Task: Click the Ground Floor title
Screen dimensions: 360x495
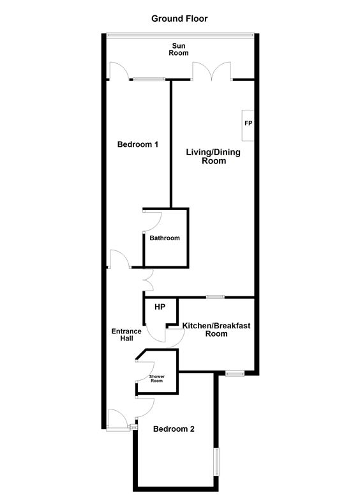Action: click(x=179, y=19)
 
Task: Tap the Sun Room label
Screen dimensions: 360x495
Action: click(x=179, y=50)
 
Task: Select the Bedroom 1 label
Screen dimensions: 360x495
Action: click(x=138, y=144)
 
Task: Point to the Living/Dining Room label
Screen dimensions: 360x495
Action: click(x=213, y=156)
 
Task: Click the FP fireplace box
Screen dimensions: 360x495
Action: click(x=248, y=125)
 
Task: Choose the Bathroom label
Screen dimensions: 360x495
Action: click(x=165, y=238)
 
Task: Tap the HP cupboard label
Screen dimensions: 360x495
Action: click(x=160, y=307)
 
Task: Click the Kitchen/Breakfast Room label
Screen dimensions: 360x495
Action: click(x=216, y=330)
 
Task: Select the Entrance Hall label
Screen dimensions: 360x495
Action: click(x=126, y=335)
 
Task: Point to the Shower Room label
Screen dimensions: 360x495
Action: click(x=157, y=379)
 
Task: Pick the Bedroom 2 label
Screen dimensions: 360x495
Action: click(x=174, y=429)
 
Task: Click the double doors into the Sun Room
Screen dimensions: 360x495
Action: click(x=212, y=71)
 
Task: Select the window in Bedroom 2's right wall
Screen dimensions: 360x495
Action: click(x=216, y=461)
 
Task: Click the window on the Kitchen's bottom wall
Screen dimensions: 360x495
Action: click(x=235, y=374)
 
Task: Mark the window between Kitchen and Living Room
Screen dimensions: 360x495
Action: click(x=216, y=297)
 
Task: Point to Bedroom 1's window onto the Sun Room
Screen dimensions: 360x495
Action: click(x=149, y=79)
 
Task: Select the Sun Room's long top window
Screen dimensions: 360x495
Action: click(x=180, y=34)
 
